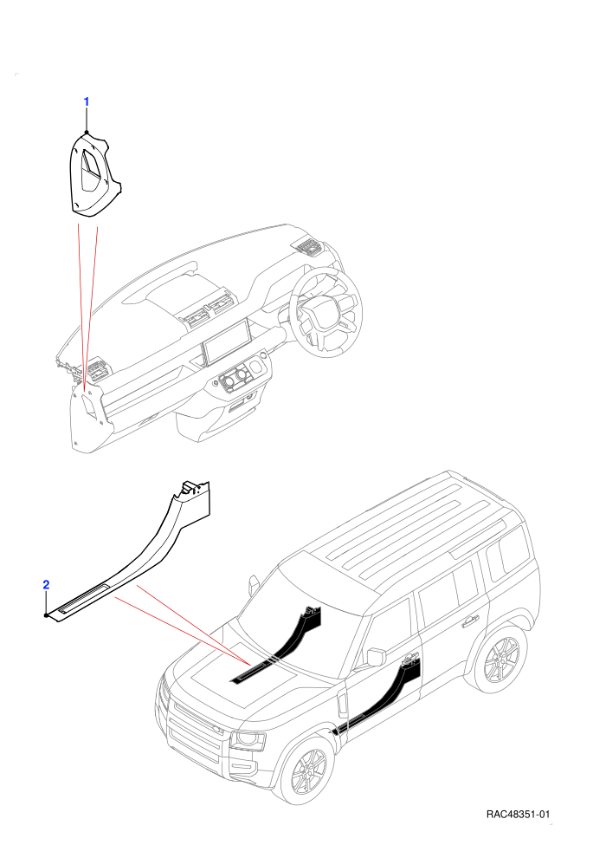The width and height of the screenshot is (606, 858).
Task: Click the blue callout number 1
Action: click(86, 101)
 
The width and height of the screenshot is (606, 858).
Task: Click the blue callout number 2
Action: click(46, 584)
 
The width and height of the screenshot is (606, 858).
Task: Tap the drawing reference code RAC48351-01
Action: click(518, 815)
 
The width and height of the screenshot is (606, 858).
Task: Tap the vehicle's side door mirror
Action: click(377, 657)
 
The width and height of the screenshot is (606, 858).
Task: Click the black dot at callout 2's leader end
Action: click(46, 615)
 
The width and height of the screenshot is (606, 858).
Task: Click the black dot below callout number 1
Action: click(87, 133)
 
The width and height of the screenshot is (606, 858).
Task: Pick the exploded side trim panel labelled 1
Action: click(94, 173)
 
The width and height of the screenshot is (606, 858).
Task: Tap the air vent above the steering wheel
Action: click(308, 248)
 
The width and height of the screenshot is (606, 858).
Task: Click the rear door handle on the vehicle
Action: click(468, 621)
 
